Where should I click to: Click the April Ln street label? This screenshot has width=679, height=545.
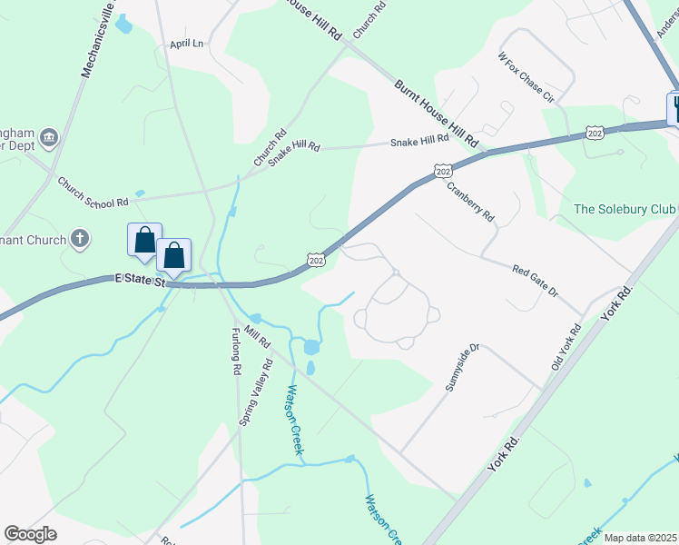[186, 43]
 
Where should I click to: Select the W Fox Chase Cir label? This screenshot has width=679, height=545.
[526, 75]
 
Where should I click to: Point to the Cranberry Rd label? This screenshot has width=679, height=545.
[470, 203]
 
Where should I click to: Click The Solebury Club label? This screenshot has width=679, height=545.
[625, 210]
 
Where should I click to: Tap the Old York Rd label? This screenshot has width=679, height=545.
[564, 346]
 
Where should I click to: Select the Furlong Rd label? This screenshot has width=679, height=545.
[235, 351]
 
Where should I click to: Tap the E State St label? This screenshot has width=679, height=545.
[139, 282]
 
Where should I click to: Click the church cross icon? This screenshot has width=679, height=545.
[80, 240]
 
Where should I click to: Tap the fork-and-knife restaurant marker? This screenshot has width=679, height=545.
[675, 108]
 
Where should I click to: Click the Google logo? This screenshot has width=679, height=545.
[30, 534]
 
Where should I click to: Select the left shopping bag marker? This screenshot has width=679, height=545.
[144, 240]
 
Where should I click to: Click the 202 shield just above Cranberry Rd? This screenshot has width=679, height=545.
[442, 171]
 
